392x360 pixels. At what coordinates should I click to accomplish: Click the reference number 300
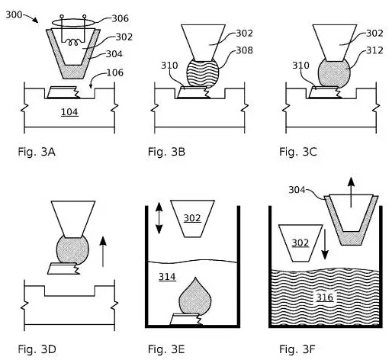point(14,14)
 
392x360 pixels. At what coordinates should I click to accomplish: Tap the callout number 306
point(120,18)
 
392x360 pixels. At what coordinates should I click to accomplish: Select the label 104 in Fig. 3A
point(69,112)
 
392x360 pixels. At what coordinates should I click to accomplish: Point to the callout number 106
point(115,73)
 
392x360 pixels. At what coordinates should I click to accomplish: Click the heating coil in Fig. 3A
point(73,43)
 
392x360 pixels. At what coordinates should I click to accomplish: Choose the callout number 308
point(244,50)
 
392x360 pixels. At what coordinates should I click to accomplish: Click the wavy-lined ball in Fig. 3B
point(203,74)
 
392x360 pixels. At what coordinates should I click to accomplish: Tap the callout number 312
point(374,50)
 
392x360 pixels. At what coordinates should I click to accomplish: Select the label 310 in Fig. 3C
point(300,66)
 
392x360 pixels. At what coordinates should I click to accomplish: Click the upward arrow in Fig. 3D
point(103,252)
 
